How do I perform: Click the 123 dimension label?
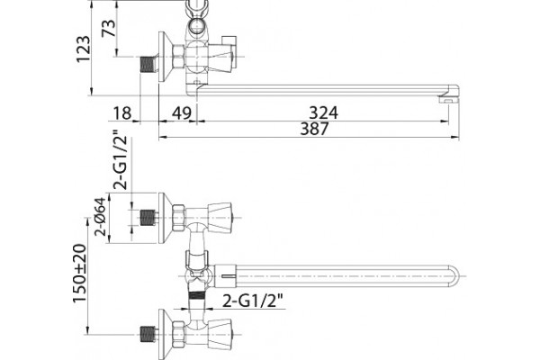coord(83,49)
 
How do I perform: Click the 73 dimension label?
coord(109,28)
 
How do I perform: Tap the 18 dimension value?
coord(122,112)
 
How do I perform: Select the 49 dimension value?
coord(181,112)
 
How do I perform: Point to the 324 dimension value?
coord(324,112)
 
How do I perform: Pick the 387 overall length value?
coord(315,129)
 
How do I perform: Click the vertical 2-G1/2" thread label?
coord(121,160)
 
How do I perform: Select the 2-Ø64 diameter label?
coord(101,216)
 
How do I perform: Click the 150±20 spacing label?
coord(79,274)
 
